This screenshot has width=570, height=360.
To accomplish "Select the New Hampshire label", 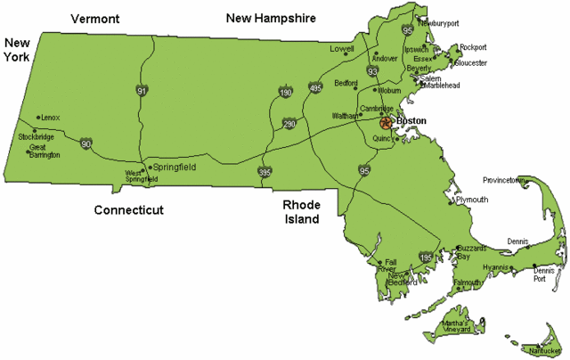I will (272, 17).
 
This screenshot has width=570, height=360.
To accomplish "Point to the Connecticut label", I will (134, 210).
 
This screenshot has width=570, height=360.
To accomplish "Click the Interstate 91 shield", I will (142, 90).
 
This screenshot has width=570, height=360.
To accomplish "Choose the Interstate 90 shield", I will (85, 143).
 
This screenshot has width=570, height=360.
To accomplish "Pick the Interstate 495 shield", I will (314, 88).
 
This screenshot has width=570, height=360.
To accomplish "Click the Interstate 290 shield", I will (289, 124).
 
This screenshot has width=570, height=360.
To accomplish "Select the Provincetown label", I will (504, 180).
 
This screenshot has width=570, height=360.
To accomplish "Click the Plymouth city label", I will (471, 200).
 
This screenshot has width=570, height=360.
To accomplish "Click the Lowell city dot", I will (356, 51).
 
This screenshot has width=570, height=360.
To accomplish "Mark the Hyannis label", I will (494, 266).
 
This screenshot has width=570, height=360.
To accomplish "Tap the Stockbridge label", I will (37, 137).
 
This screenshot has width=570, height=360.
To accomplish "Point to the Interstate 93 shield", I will (372, 71).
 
